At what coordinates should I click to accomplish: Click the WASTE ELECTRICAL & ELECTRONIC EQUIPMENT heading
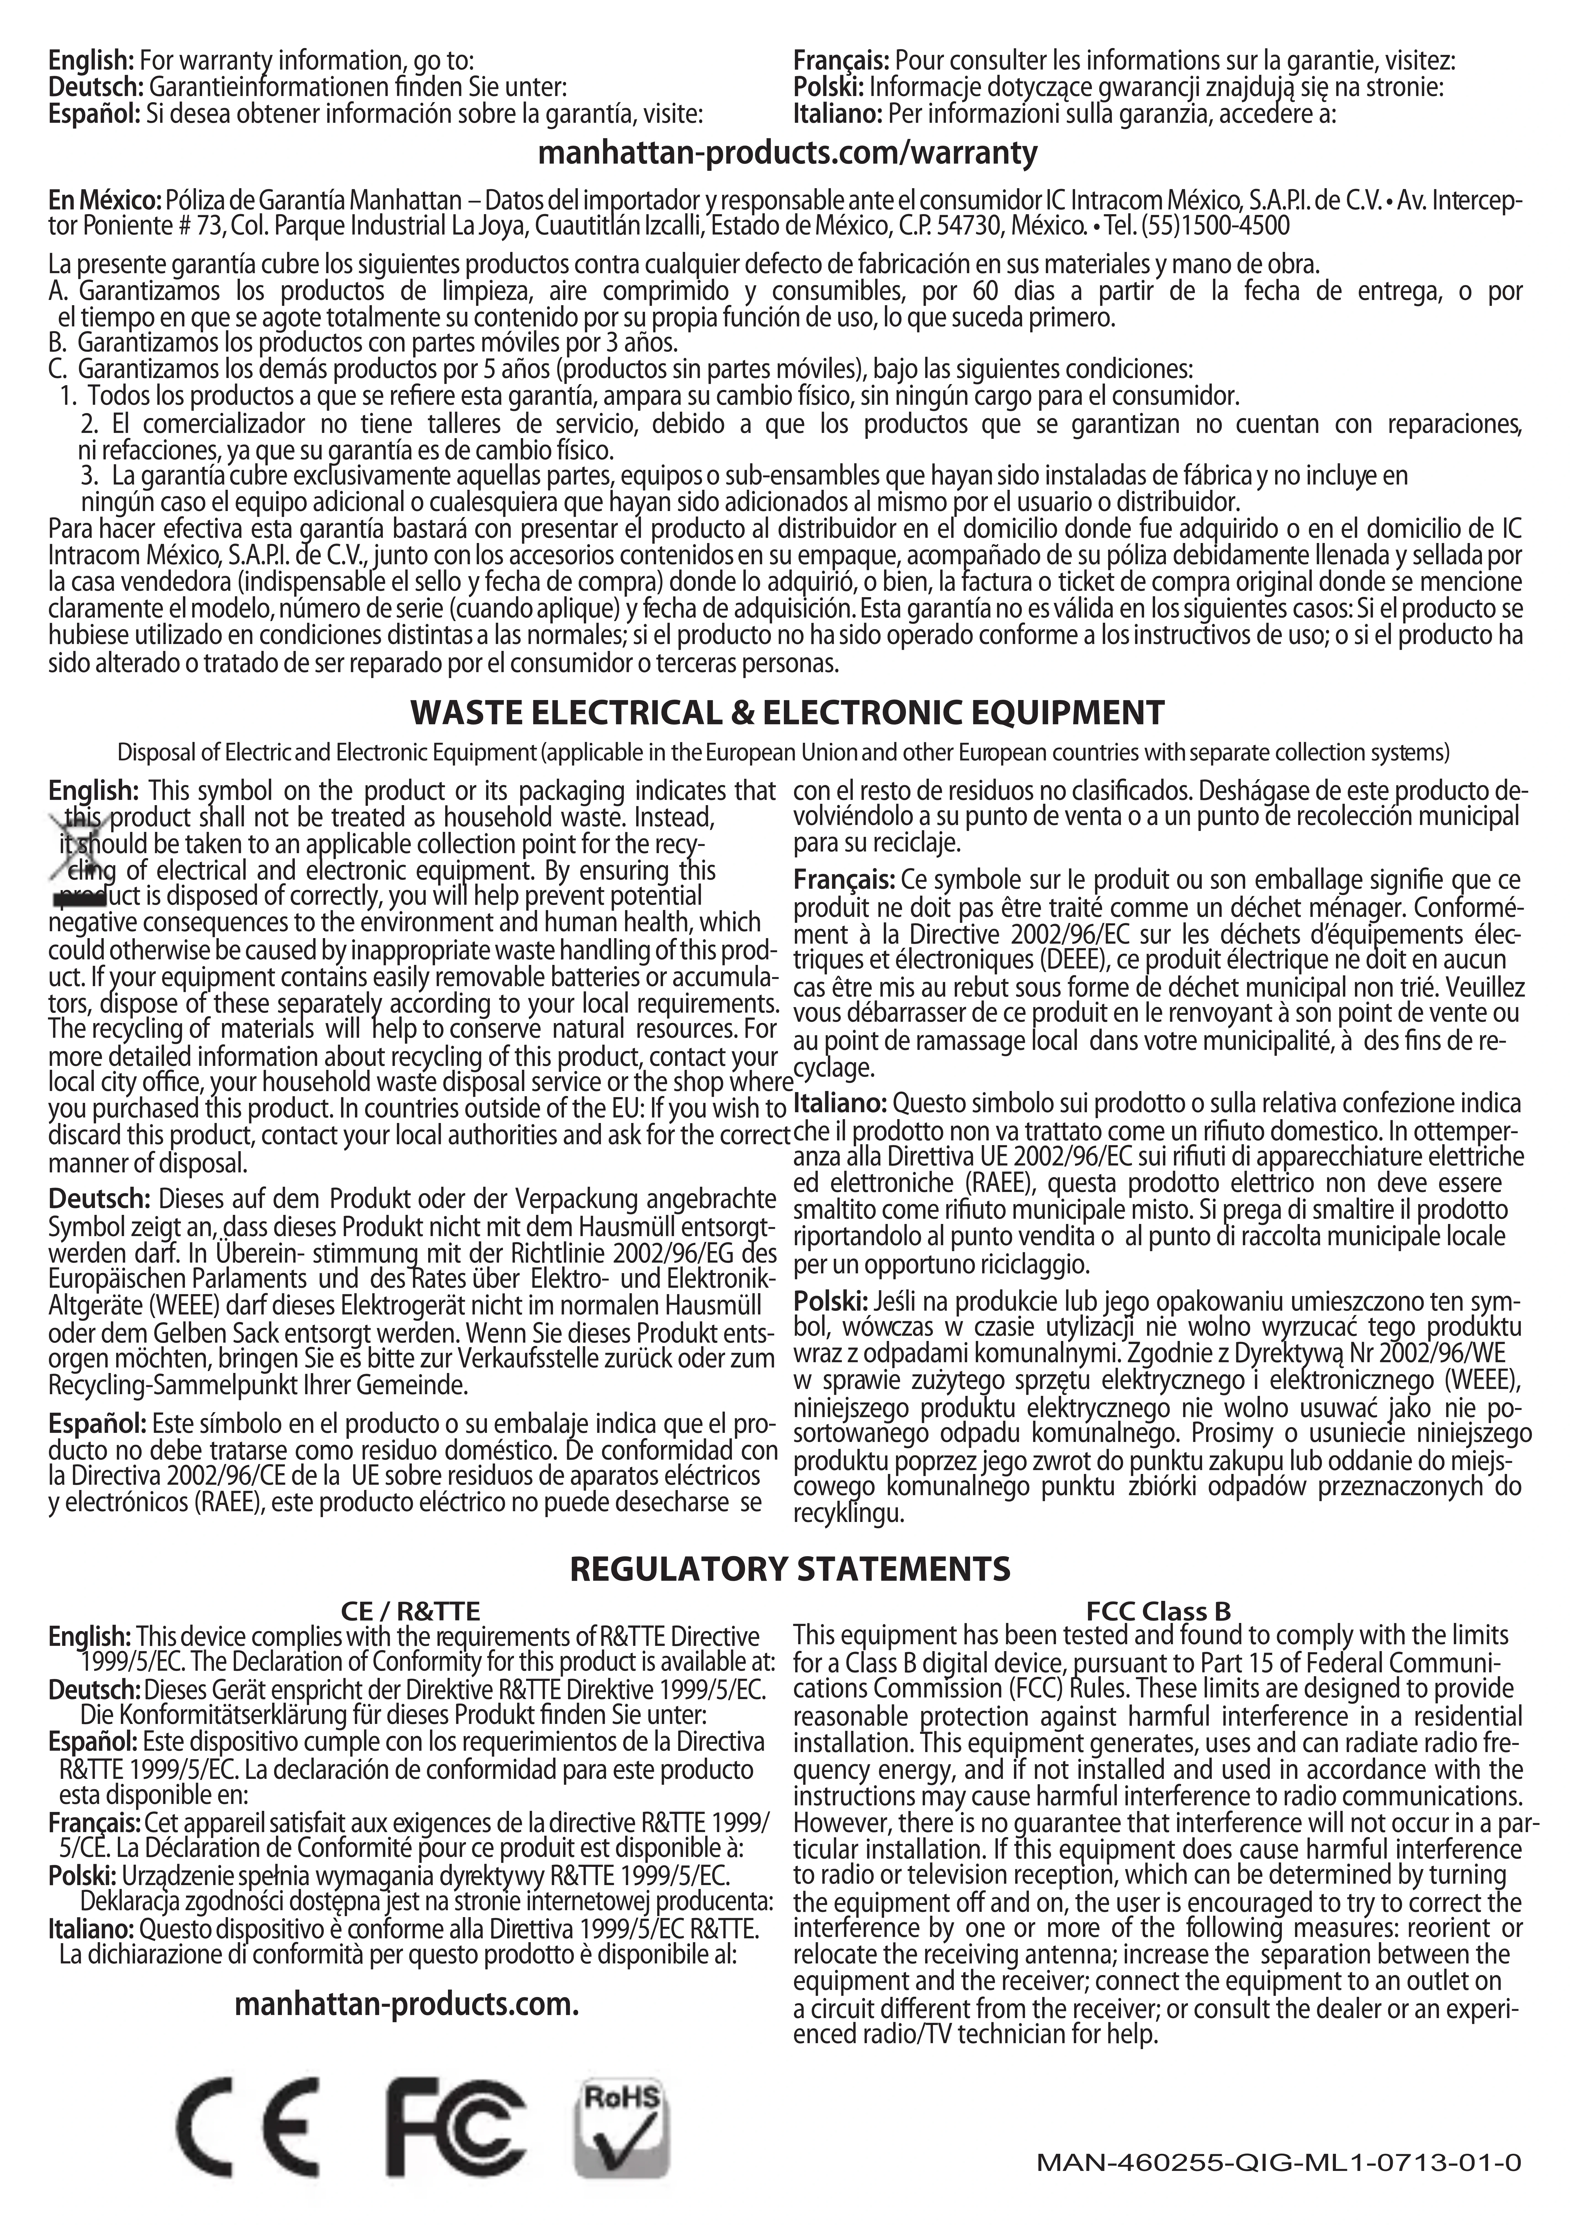[x=787, y=713]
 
